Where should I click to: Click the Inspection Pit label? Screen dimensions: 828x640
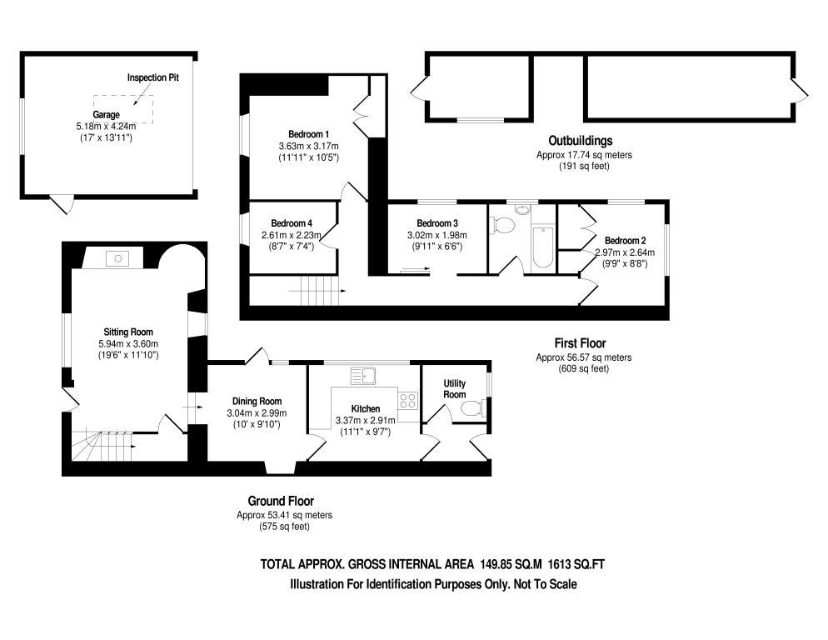[x=153, y=77]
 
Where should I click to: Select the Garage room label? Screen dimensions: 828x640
[x=106, y=115]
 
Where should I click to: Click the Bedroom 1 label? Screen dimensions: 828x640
[x=309, y=134]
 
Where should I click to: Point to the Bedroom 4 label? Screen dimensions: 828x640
[x=292, y=223]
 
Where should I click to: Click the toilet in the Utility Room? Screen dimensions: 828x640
[x=471, y=408]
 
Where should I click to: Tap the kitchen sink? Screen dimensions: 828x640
[x=364, y=377]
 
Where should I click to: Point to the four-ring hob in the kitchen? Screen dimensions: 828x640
[x=408, y=400]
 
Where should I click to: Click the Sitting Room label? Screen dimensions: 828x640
[x=128, y=332]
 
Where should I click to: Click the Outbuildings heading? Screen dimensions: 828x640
[x=581, y=140]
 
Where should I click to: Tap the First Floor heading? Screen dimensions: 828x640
[x=581, y=342]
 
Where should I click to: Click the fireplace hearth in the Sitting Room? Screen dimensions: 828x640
[x=117, y=259]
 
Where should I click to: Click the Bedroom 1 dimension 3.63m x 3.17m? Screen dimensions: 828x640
[x=309, y=146]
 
